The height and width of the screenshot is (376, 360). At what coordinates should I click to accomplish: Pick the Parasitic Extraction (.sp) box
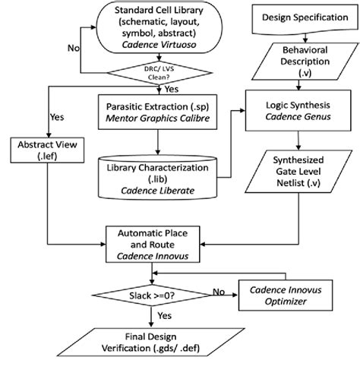pyautogui.click(x=159, y=110)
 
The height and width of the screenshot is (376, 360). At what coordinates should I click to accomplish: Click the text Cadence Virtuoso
pyautogui.click(x=159, y=46)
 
